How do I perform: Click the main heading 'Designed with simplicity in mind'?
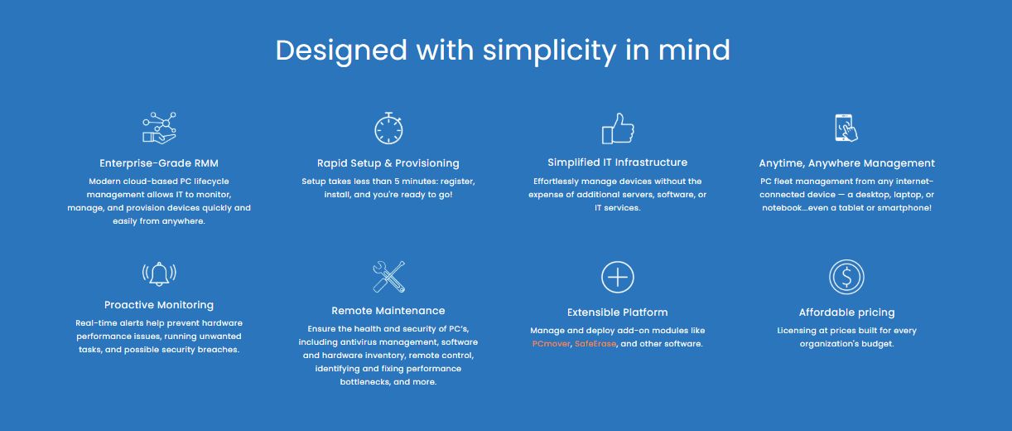click(x=503, y=51)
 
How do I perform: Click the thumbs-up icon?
click(x=618, y=128)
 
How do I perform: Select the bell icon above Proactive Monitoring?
click(x=159, y=274)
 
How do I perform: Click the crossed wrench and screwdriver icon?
click(x=388, y=276)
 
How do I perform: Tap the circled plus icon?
click(x=618, y=277)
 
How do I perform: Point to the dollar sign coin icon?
click(x=846, y=277)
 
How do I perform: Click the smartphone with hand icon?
click(x=846, y=128)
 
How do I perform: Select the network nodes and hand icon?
click(x=159, y=128)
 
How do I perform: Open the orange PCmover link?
click(x=552, y=344)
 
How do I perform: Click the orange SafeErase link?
click(x=595, y=344)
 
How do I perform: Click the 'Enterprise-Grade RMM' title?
click(x=159, y=163)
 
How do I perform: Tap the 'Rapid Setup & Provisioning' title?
click(x=388, y=163)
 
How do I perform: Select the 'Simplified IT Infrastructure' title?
click(x=618, y=162)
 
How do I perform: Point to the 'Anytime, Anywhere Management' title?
click(x=846, y=163)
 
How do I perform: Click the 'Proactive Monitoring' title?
click(x=159, y=305)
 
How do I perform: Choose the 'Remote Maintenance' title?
click(x=388, y=311)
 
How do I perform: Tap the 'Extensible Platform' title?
click(x=618, y=312)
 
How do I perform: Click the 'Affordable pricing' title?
click(x=846, y=312)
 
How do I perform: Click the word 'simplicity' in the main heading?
click(x=550, y=51)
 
